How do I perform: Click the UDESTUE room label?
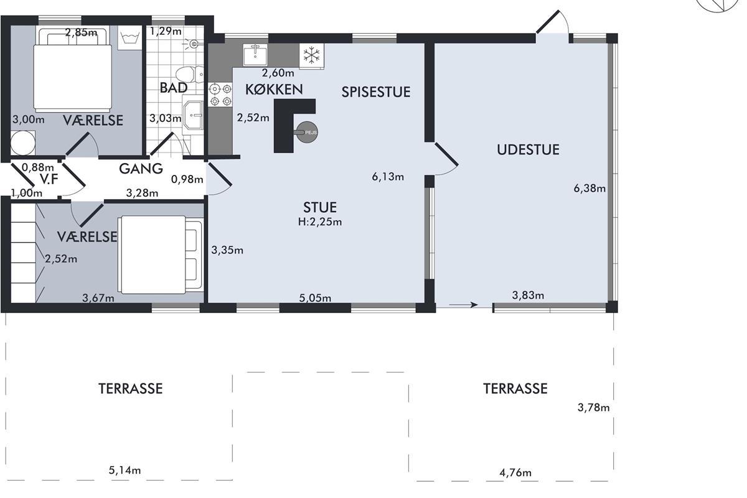point(528,149)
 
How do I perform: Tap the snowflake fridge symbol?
point(311,55)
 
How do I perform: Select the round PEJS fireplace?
point(306,133)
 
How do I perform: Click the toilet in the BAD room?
point(189,74)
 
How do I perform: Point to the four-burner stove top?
point(220,95)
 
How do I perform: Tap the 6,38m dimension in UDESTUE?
point(590,189)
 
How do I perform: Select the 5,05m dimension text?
point(315,298)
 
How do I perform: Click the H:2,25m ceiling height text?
point(320,222)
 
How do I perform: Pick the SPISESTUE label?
point(376,92)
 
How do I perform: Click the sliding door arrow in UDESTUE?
point(463,304)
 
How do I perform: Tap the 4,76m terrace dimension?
point(515,472)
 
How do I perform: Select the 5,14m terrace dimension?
point(125,471)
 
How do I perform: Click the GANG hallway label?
point(141,169)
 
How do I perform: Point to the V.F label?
point(49,179)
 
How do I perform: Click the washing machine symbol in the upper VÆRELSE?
point(129,37)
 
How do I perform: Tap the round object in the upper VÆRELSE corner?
point(22,143)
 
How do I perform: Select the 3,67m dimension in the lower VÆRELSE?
point(98,298)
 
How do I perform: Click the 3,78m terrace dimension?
point(594,408)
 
